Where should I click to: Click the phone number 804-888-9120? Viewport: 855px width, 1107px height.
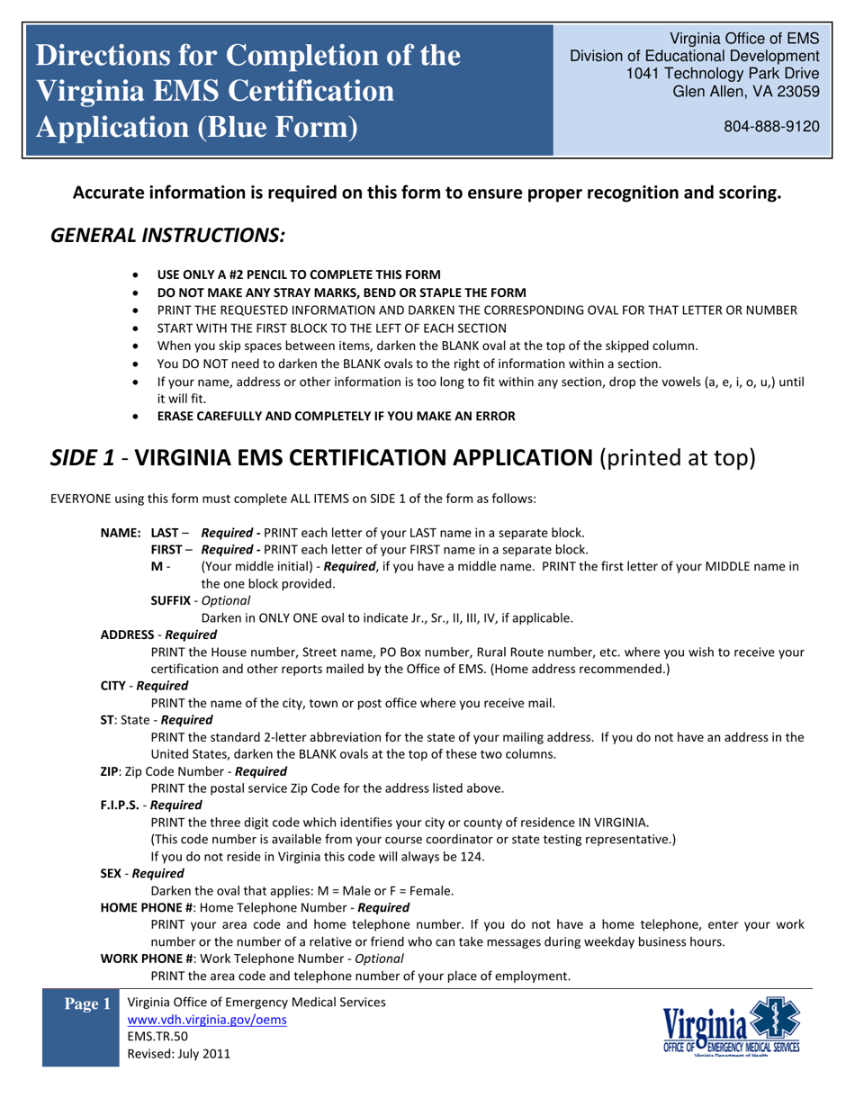[x=771, y=127]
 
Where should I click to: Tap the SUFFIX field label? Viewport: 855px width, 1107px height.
[x=173, y=599]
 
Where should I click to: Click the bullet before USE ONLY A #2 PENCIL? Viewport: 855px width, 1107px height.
[x=135, y=274]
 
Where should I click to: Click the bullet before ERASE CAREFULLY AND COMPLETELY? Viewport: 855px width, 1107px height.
[x=135, y=417]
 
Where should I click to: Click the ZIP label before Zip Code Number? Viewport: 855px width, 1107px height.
[x=110, y=771]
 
